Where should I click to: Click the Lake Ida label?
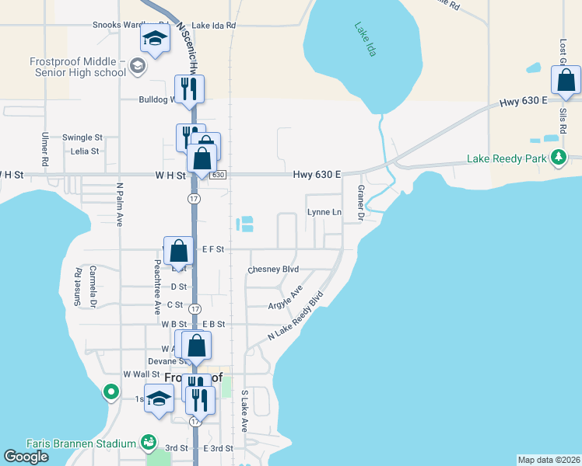(x=364, y=40)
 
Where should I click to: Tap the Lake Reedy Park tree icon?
(x=558, y=158)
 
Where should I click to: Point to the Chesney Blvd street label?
(x=273, y=270)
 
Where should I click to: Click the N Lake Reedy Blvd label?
(x=296, y=315)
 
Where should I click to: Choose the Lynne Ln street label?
(x=324, y=212)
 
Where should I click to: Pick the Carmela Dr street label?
(x=93, y=287)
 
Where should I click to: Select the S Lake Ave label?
(x=244, y=411)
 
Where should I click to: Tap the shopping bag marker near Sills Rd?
(x=566, y=80)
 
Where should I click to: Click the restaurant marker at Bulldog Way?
(x=189, y=89)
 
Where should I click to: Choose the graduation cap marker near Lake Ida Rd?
(x=155, y=39)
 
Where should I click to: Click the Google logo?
(x=26, y=457)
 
